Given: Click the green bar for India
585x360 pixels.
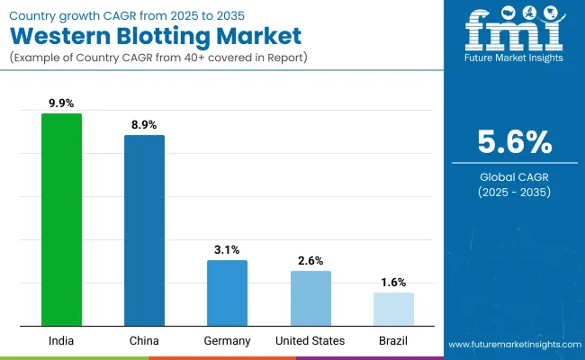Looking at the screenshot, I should tap(61, 220).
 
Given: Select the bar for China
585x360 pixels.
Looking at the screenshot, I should tap(144, 230).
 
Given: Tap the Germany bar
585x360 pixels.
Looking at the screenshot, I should tap(227, 292).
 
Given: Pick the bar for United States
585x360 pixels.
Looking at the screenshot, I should tap(310, 298).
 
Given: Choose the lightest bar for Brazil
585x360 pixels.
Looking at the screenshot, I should tap(393, 309).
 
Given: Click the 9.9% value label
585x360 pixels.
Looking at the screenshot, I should tap(61, 103).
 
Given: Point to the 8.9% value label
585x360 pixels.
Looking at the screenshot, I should tap(144, 125).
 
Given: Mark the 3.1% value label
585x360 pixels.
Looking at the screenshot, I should tap(227, 249).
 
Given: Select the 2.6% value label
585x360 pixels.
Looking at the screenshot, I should tap(310, 260).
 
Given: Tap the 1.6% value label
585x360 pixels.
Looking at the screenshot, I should tap(393, 282).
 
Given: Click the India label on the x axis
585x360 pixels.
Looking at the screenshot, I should tap(61, 340).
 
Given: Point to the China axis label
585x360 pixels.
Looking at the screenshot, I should tap(144, 340).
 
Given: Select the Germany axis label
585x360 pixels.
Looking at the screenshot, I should tap(227, 340).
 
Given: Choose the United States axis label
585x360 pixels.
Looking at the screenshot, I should tap(310, 340).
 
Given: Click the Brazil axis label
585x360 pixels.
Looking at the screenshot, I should tap(393, 340).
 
